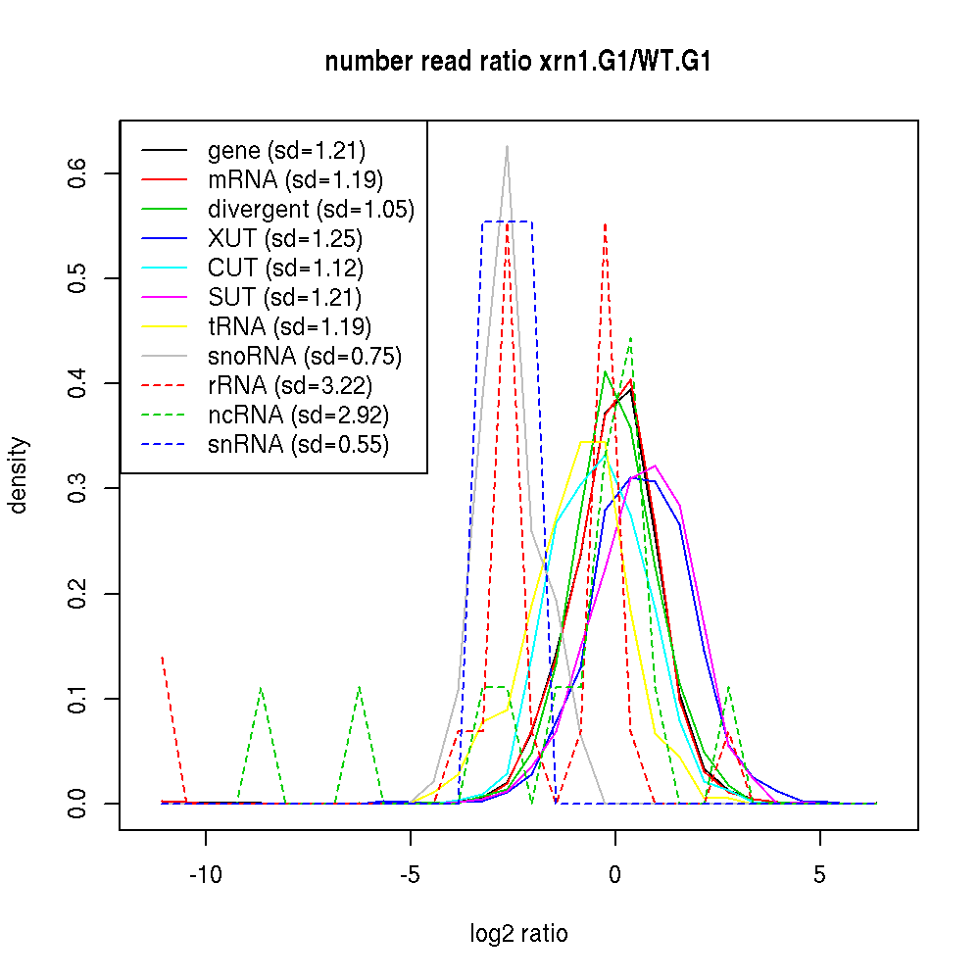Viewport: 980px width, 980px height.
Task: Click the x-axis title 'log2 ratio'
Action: tap(518, 934)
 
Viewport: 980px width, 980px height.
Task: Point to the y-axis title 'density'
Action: tap(19, 475)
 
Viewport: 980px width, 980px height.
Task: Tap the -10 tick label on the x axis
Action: tap(206, 873)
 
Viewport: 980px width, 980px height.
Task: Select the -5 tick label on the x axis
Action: tap(410, 873)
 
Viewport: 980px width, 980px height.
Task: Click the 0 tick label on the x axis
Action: tap(615, 873)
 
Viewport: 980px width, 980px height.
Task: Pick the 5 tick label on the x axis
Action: tap(820, 873)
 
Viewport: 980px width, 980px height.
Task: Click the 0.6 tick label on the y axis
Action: tap(77, 173)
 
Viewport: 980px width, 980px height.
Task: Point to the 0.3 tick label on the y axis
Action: tap(77, 488)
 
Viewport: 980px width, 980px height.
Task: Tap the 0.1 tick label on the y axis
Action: tap(77, 699)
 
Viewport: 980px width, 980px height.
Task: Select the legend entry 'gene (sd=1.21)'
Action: tap(286, 151)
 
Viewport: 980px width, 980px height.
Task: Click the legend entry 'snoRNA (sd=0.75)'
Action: tap(305, 357)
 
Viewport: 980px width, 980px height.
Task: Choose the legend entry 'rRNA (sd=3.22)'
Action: tap(290, 386)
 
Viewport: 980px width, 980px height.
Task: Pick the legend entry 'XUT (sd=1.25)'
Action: tap(284, 239)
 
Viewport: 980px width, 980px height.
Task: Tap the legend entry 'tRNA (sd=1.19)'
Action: tap(289, 327)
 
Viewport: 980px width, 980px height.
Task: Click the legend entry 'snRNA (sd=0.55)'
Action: tap(298, 445)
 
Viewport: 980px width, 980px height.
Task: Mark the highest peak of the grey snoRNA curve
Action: tap(507, 147)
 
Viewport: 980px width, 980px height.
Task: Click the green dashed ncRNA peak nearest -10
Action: tap(261, 688)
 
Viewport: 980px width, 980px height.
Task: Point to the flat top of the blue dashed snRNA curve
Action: tap(507, 222)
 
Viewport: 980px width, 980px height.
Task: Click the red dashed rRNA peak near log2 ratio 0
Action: tap(606, 224)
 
